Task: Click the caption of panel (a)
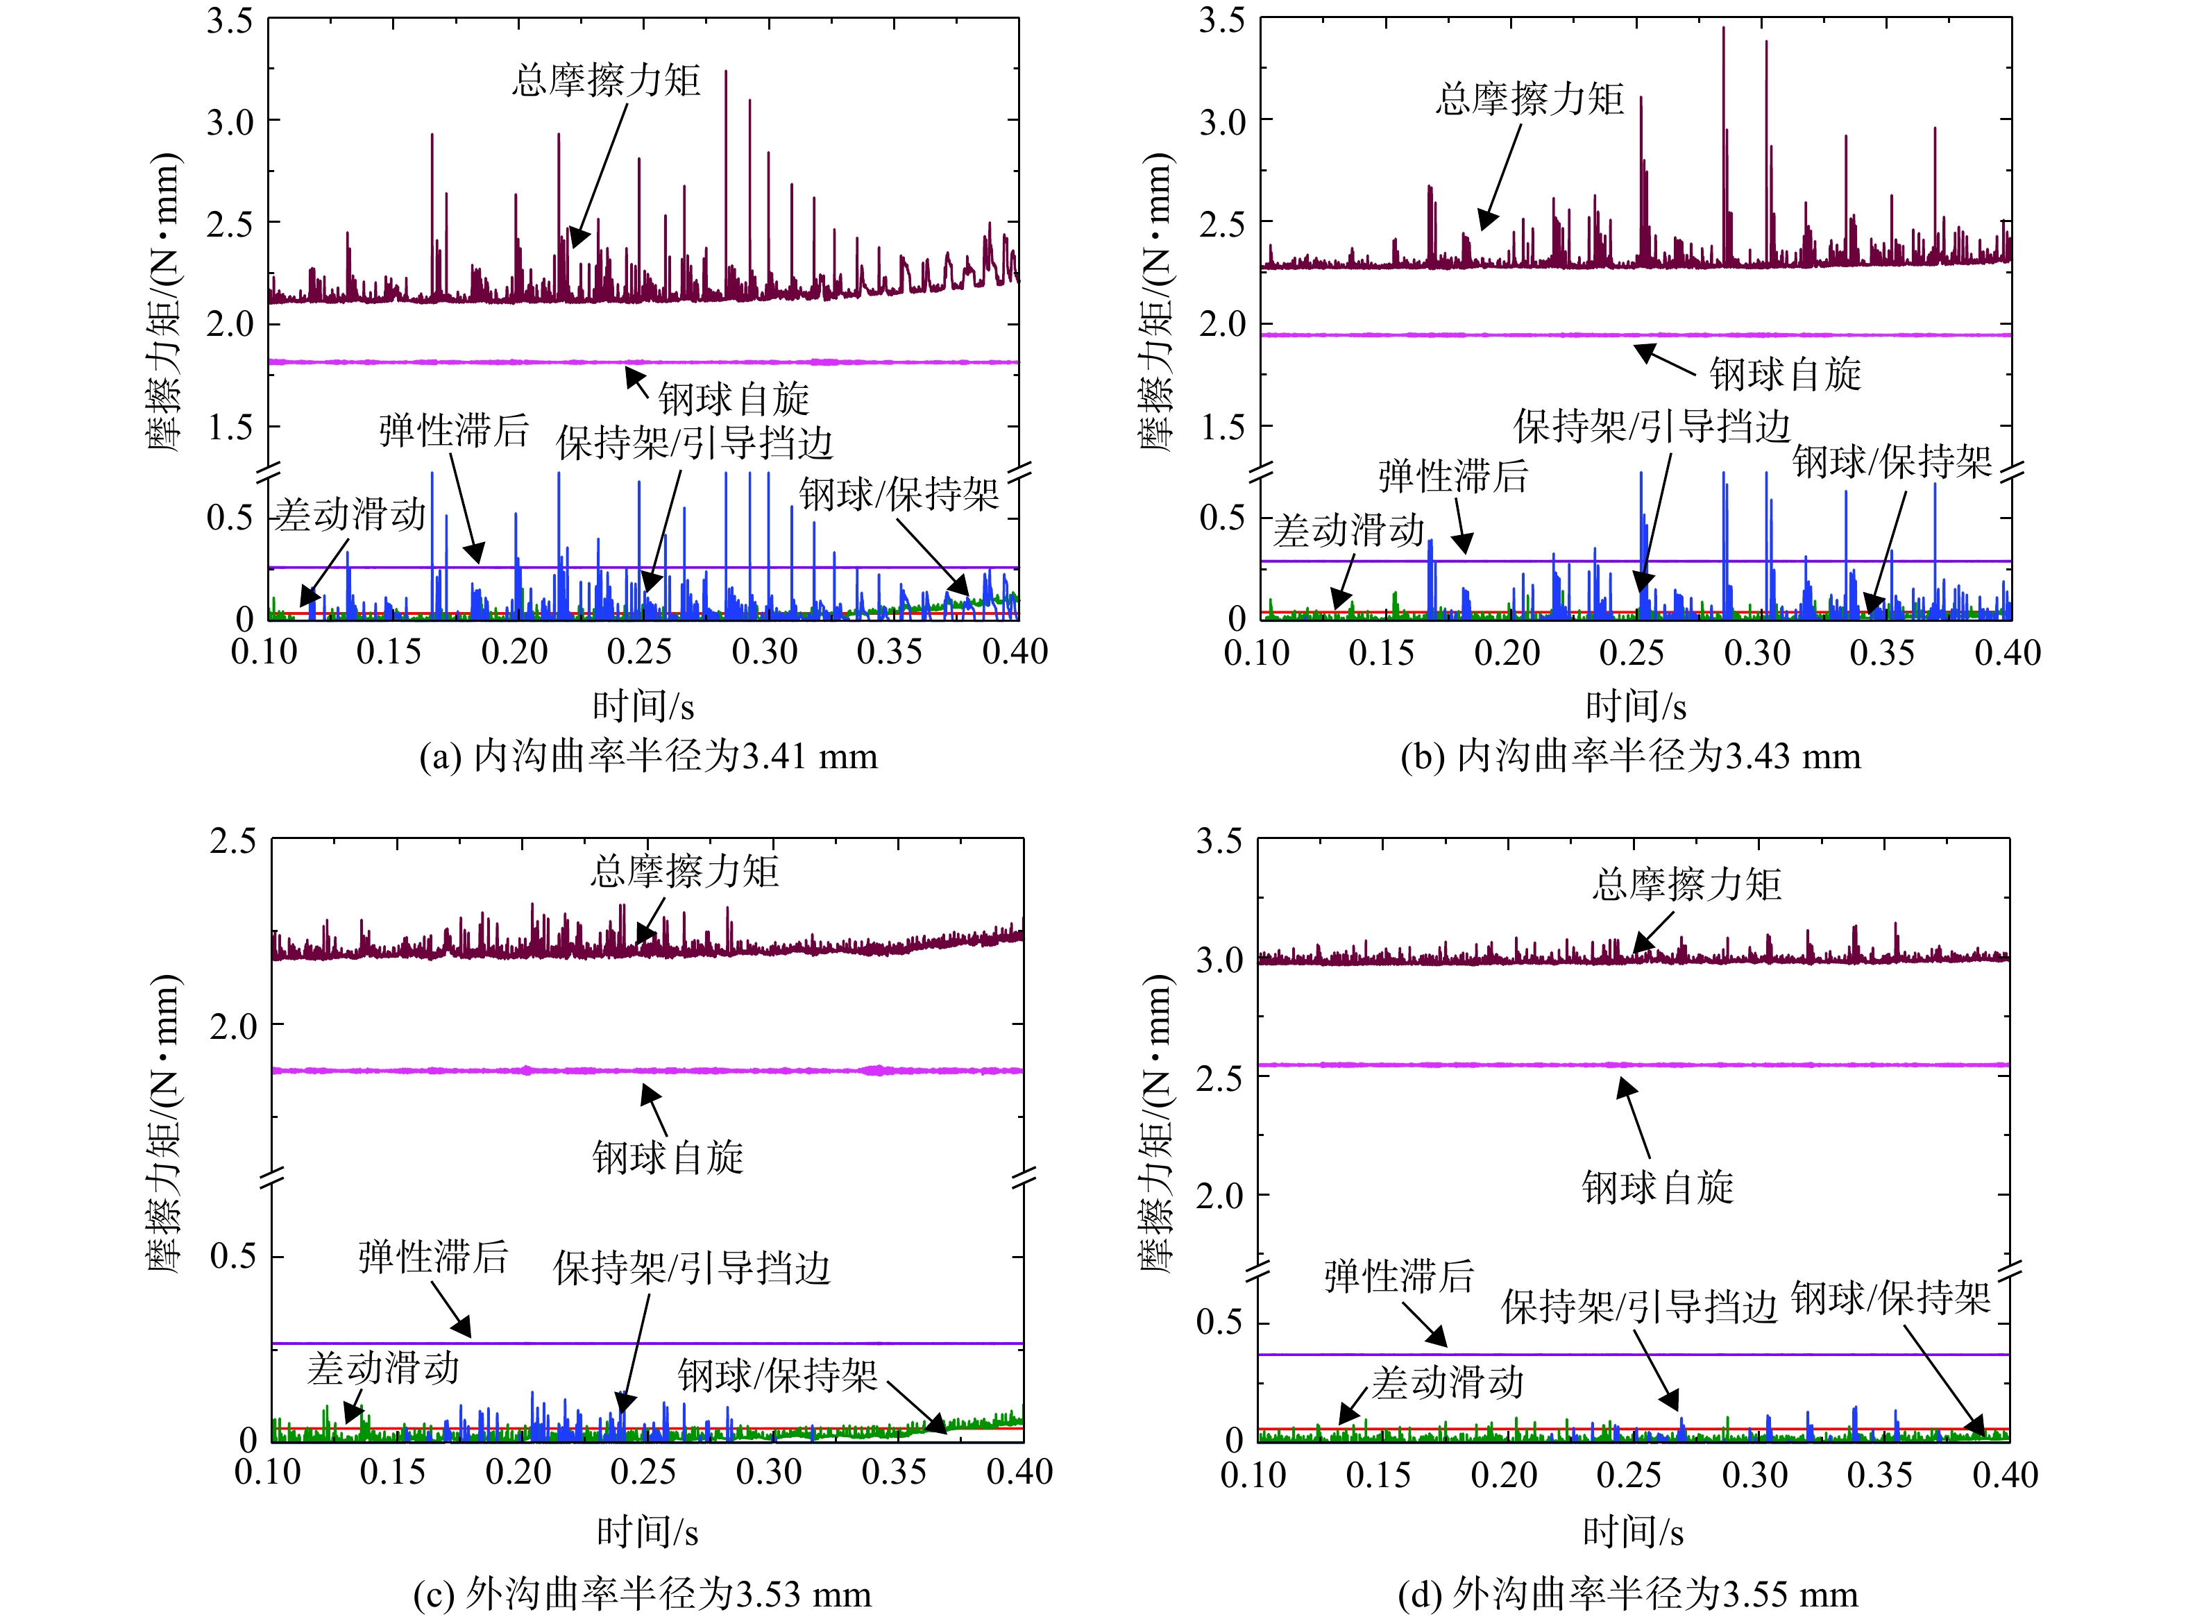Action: [x=649, y=756]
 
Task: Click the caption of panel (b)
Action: [x=1630, y=756]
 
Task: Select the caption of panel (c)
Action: [x=643, y=1595]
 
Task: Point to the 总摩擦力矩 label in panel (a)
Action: [x=607, y=80]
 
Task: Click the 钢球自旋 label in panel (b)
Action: [x=1786, y=374]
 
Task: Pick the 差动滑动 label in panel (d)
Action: [x=1447, y=1383]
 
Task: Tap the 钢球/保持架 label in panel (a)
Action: [x=899, y=495]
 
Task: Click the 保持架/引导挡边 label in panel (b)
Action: [x=1652, y=426]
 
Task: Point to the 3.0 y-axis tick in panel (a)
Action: [x=230, y=123]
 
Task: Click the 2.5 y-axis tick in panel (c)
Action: [x=233, y=842]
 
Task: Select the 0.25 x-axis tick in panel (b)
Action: [x=1632, y=653]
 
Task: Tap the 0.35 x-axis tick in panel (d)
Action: [x=1879, y=1475]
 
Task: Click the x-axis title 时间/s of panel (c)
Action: [x=647, y=1532]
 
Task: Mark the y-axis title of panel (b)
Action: [x=1157, y=302]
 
